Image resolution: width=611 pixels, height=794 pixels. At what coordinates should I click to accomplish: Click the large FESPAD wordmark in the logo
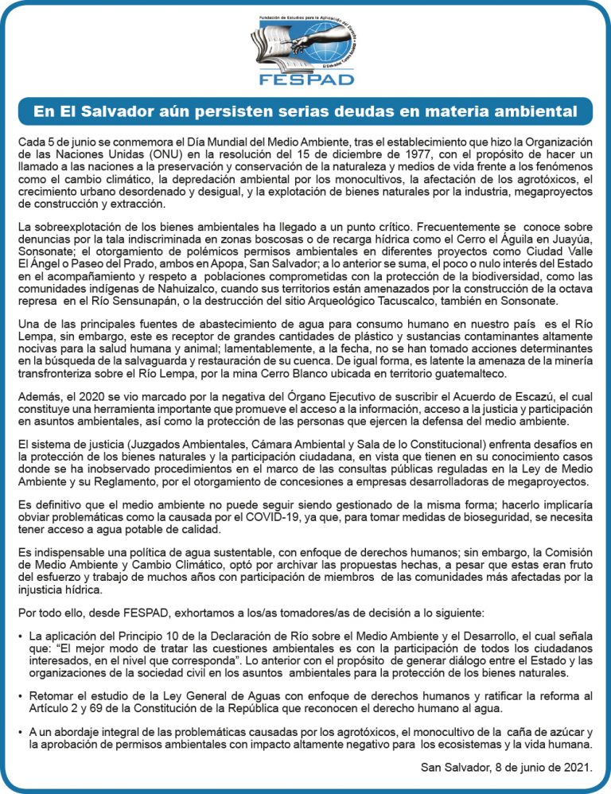click(x=305, y=80)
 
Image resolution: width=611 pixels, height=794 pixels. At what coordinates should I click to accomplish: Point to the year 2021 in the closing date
click(x=578, y=768)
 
